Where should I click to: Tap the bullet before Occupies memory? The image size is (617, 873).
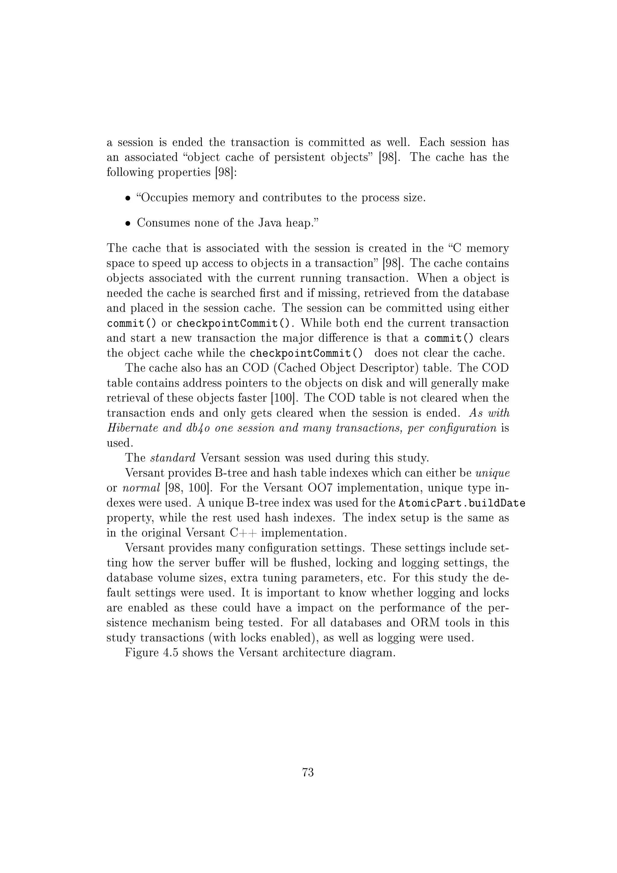(128, 198)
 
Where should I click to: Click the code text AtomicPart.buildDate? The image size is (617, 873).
(462, 503)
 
